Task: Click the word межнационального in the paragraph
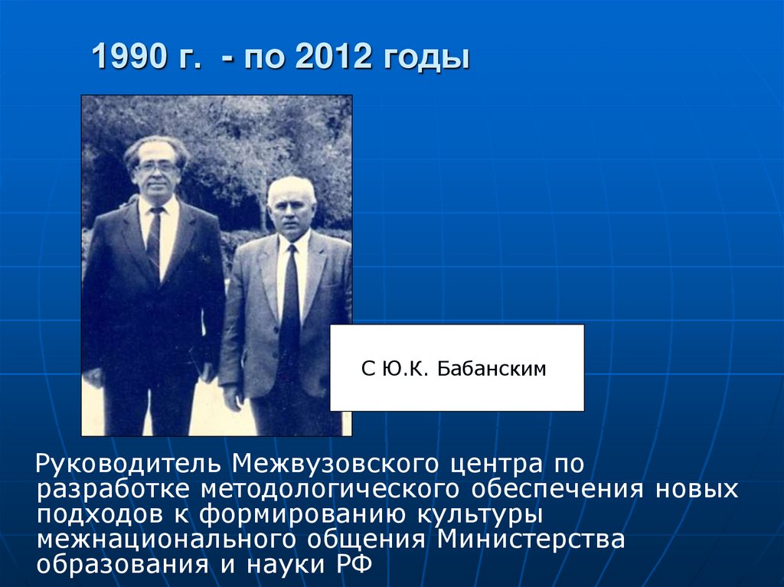(x=168, y=538)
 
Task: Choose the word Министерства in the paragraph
(x=531, y=538)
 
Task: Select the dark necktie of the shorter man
(x=289, y=298)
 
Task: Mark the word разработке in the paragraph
(x=113, y=489)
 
